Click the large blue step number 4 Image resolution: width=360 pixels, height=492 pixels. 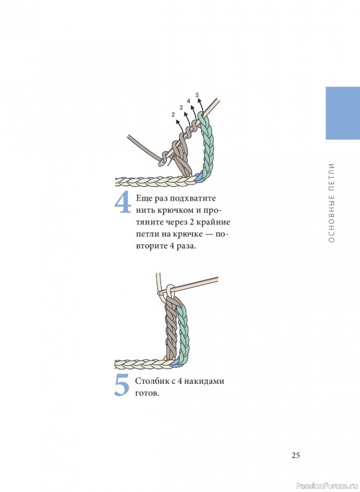pos(122,203)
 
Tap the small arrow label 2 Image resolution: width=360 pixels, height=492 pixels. pos(173,115)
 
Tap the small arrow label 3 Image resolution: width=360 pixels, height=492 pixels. pos(181,108)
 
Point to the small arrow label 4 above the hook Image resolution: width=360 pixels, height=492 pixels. pos(188,101)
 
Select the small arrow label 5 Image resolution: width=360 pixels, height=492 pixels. pos(197,95)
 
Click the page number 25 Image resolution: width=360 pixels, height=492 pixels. pos(295,455)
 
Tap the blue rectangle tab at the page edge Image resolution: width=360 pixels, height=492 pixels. pos(343,113)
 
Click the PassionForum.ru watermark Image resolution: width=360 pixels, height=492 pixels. pos(327,486)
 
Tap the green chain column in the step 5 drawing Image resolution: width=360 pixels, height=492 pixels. pos(183,333)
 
